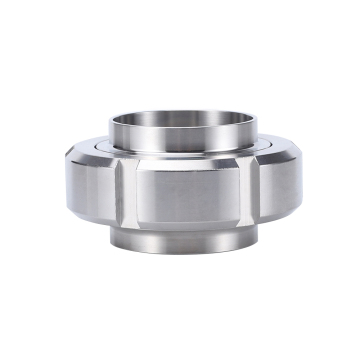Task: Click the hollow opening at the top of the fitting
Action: [x=180, y=120]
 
